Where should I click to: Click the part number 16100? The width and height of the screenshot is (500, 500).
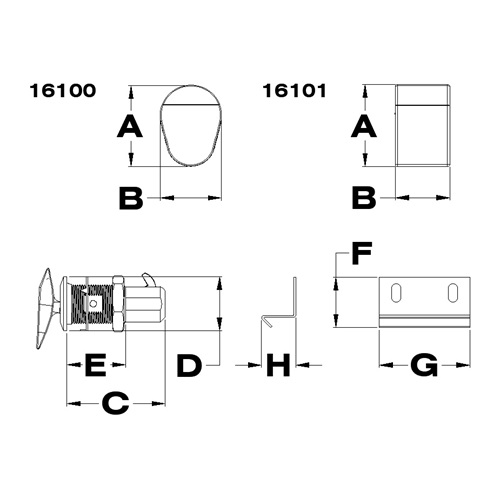[63, 91]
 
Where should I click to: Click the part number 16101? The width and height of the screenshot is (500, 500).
[294, 91]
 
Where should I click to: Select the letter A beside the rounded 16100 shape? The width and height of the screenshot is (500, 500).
[130, 126]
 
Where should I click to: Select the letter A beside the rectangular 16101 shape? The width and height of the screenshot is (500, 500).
[364, 126]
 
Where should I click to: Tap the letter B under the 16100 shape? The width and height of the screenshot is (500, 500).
[131, 198]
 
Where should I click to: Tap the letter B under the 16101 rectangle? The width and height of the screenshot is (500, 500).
[364, 198]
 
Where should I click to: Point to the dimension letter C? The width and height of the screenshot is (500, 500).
[116, 403]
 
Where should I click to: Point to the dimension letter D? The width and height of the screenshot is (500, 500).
[189, 366]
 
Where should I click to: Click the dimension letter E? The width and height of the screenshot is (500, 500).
[96, 366]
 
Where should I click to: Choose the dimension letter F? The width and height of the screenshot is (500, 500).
[362, 254]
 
